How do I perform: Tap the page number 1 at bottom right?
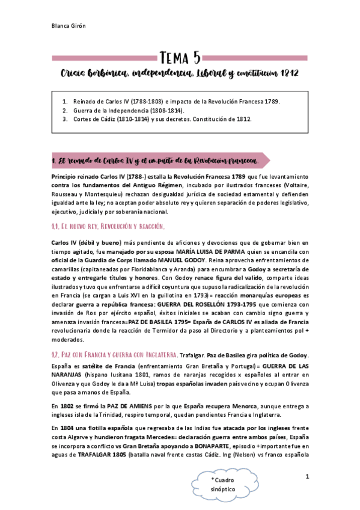pyautogui.click(x=307, y=476)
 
